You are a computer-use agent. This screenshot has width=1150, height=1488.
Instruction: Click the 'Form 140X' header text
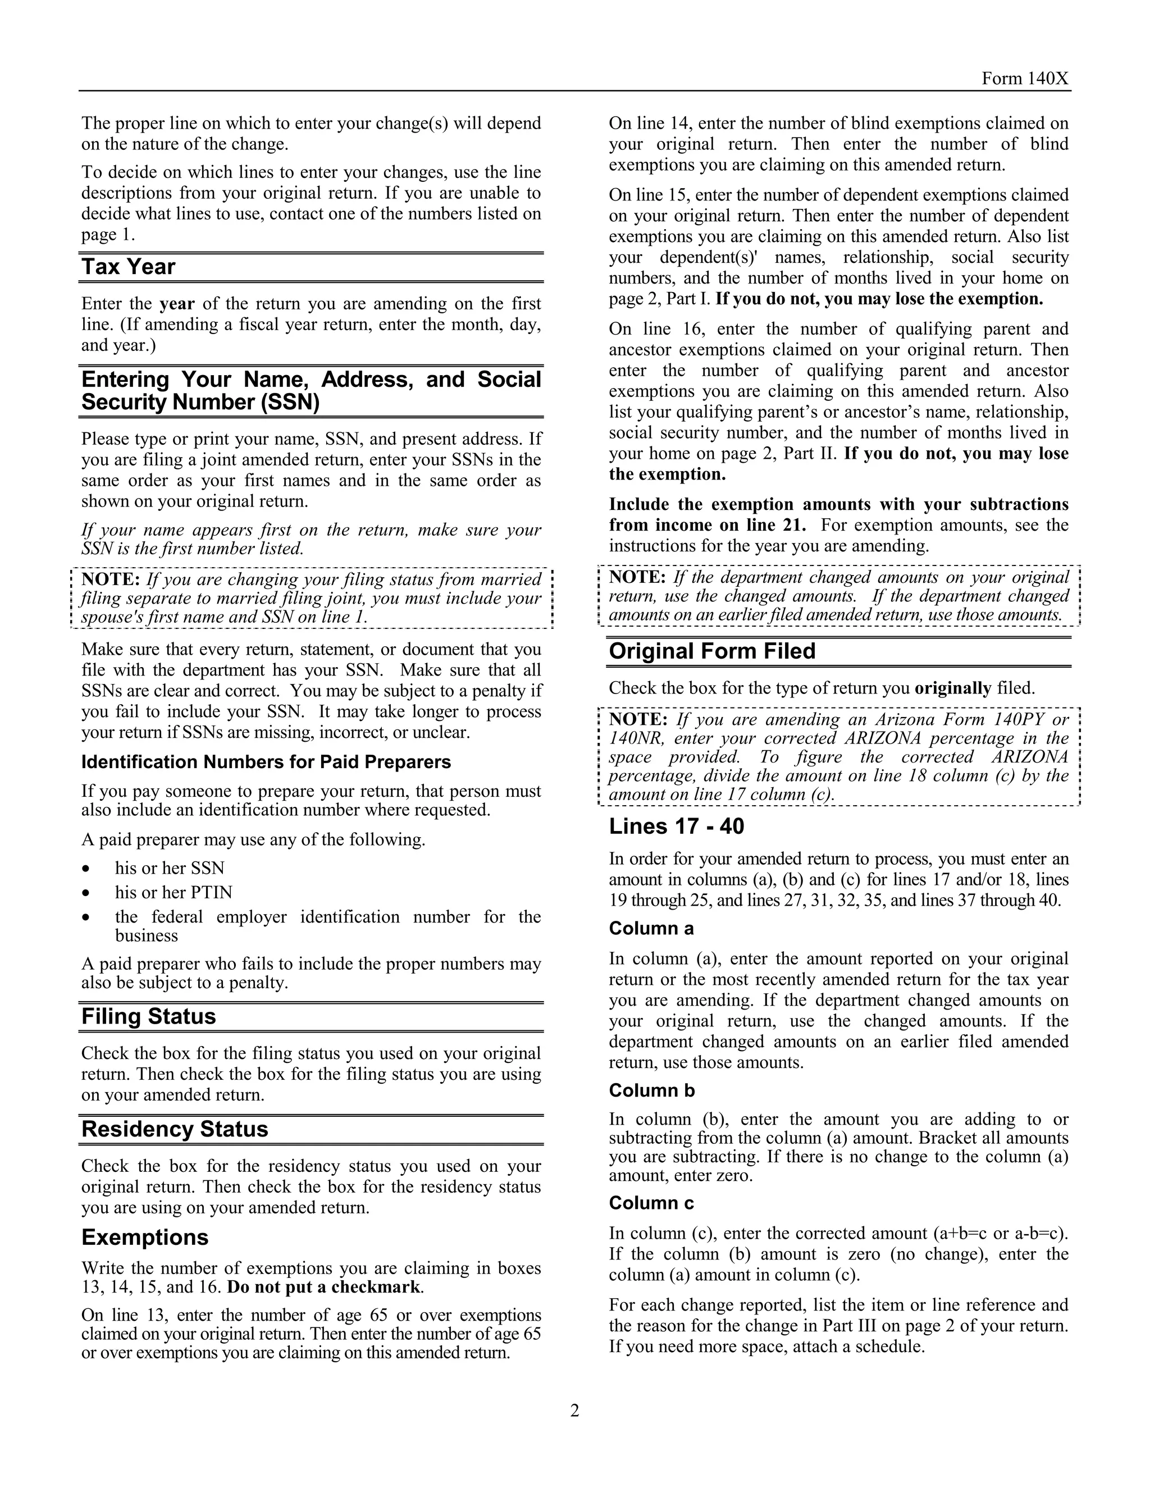1025,79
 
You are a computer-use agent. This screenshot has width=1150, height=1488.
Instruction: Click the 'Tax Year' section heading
128,267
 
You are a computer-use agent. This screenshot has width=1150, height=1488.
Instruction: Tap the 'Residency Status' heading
175,1130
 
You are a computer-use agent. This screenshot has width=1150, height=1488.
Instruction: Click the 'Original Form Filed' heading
711,651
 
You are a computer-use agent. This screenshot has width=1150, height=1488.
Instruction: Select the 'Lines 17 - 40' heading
676,827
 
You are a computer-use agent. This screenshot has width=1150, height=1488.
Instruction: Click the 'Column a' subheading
651,929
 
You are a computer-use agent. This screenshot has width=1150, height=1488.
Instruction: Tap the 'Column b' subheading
651,1091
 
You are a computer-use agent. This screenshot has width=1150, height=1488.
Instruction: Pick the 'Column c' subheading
651,1203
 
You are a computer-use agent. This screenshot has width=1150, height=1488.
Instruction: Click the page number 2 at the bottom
574,1411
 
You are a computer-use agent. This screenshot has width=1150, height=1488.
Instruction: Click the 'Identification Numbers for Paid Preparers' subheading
266,762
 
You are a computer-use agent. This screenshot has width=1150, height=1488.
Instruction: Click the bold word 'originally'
952,688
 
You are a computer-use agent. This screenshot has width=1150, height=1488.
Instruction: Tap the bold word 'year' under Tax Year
177,304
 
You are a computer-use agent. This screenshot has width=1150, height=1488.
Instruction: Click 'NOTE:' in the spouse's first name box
111,580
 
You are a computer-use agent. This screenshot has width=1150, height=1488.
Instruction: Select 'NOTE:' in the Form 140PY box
638,719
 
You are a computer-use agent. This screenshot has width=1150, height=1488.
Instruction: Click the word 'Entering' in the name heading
125,380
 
